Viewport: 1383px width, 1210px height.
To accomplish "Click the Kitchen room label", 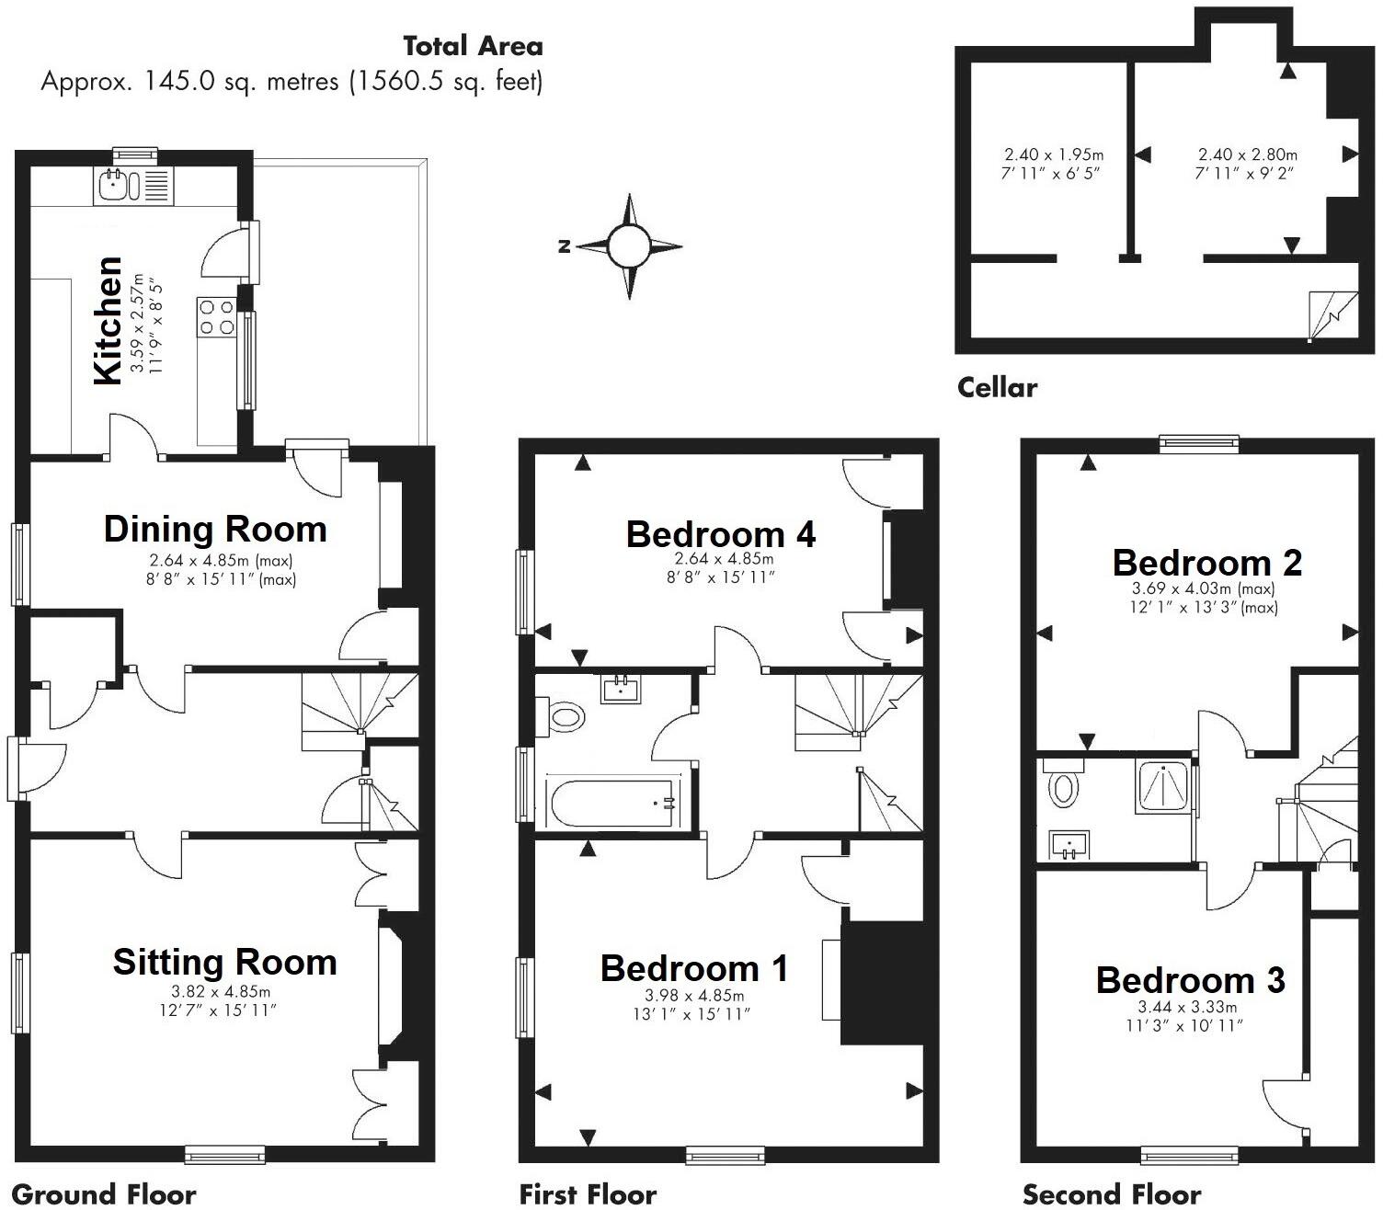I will click(x=108, y=321).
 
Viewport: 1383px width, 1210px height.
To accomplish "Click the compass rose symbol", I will click(x=629, y=246).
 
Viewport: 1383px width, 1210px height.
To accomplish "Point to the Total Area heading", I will click(x=473, y=46).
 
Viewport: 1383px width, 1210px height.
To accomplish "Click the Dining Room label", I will click(x=215, y=530).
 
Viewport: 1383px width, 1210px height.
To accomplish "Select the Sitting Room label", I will click(x=224, y=963).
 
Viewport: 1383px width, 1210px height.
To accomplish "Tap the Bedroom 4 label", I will click(x=720, y=534).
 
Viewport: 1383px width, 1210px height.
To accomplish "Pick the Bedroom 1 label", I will click(x=693, y=968).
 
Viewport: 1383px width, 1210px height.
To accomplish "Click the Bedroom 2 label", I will click(x=1206, y=563).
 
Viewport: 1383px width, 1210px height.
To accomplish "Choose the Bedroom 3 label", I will click(x=1190, y=980).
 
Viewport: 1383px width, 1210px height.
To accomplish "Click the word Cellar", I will click(x=997, y=387).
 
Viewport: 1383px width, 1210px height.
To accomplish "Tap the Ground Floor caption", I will click(x=104, y=1194).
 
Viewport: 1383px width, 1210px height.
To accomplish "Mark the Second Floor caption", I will click(x=1111, y=1194).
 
